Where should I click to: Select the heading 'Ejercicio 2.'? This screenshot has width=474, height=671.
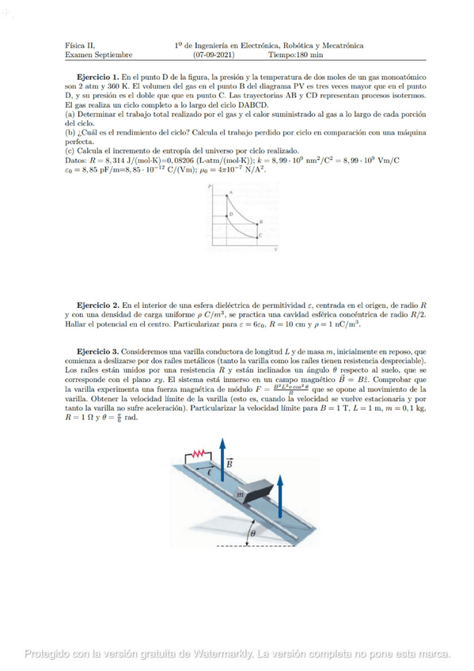click(x=97, y=305)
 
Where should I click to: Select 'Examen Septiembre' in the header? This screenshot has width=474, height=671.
click(x=98, y=55)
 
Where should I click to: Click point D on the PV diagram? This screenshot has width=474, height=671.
click(x=229, y=214)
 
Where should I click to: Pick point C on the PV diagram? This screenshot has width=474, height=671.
click(x=261, y=235)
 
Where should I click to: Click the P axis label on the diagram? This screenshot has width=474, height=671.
click(x=211, y=187)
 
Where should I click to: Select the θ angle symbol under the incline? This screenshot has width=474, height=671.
click(x=252, y=534)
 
